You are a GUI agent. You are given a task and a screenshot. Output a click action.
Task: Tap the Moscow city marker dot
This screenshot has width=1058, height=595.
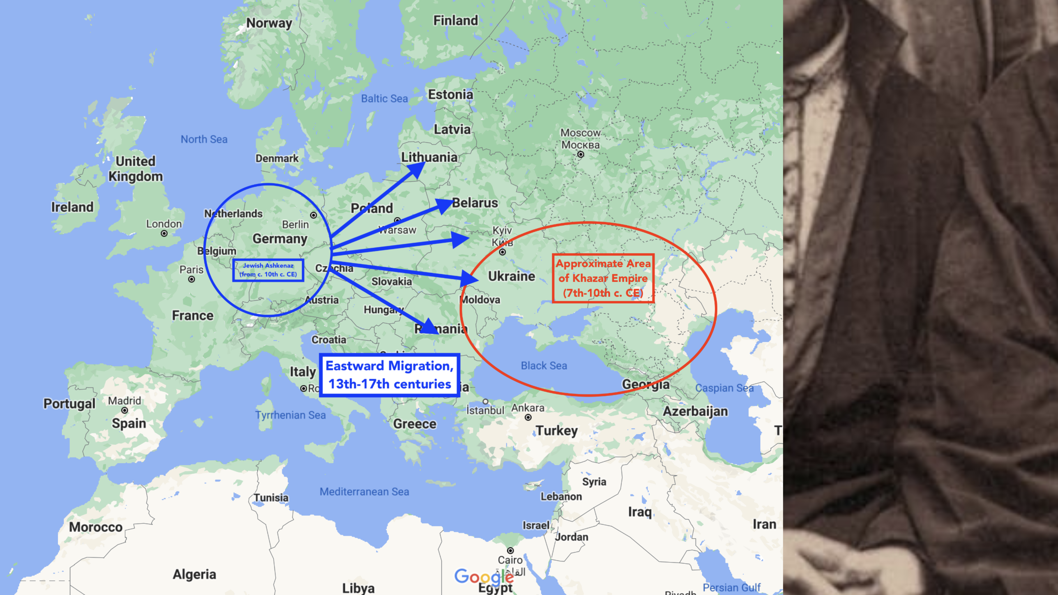(x=580, y=154)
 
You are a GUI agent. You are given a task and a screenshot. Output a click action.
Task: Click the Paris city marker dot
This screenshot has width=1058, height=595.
(x=191, y=279)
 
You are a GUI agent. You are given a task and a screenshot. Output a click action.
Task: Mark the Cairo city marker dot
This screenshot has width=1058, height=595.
(x=510, y=550)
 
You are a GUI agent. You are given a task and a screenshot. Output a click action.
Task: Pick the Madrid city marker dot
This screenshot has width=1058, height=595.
(x=124, y=410)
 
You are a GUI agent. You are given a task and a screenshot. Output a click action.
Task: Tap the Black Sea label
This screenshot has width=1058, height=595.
(x=544, y=365)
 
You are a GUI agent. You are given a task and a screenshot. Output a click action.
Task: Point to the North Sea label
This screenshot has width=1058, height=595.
(x=204, y=139)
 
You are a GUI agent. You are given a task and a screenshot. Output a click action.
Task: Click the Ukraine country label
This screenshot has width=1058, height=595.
(x=511, y=276)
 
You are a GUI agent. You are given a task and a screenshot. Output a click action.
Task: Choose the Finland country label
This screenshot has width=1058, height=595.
(x=455, y=20)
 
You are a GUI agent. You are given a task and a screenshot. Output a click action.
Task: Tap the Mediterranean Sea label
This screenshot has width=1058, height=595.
(x=364, y=491)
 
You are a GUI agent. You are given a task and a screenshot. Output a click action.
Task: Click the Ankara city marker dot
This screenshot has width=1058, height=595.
(x=528, y=417)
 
